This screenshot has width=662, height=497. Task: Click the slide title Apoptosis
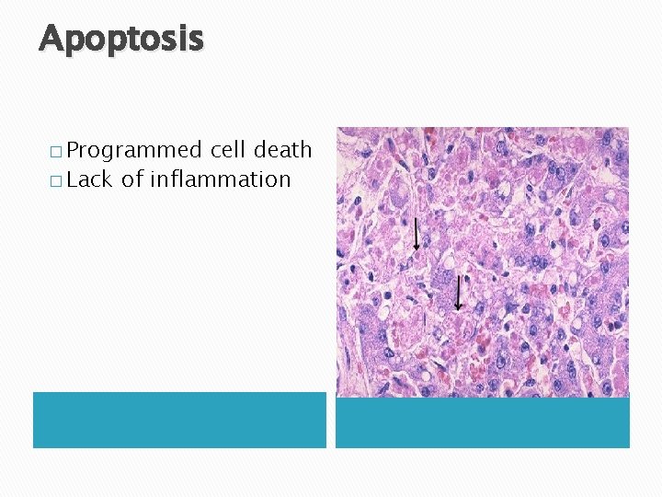point(121,39)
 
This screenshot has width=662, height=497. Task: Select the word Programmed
point(133,150)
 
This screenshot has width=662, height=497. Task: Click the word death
point(282,149)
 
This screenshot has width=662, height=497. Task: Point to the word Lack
point(88,179)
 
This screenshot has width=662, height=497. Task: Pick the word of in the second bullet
point(131,179)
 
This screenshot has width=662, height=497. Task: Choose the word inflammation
point(220,179)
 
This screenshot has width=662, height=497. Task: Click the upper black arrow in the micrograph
point(417,235)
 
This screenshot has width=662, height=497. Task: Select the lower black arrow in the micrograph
point(458,293)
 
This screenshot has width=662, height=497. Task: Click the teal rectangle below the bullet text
point(179,420)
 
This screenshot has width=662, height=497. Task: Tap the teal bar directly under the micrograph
point(482,422)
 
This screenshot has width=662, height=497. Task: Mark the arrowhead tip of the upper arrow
point(417,250)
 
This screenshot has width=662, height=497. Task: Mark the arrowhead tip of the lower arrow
point(458,308)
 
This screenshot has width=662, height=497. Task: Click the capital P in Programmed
point(74,150)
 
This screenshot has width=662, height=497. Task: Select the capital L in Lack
point(73,179)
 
